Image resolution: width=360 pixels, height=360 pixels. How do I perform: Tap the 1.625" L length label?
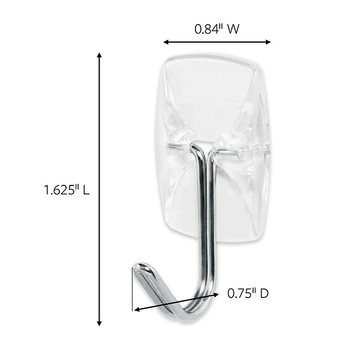67,190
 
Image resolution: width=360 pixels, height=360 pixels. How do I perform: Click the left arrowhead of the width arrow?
166,42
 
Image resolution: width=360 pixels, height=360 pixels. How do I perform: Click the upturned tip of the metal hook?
140,265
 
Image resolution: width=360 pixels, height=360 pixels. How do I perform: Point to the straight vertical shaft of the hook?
205,228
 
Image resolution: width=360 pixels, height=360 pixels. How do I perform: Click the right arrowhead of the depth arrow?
220,294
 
